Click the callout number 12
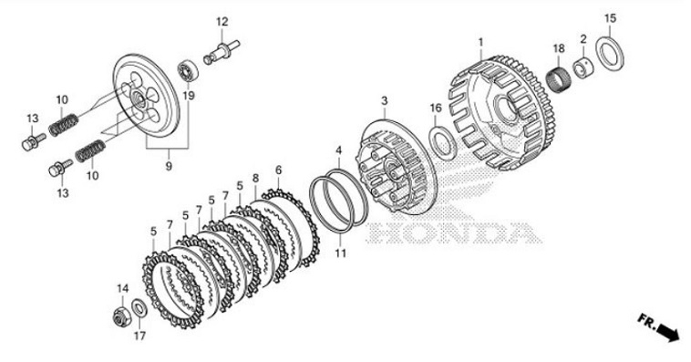point(222,21)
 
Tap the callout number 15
point(610,18)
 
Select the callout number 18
point(559,48)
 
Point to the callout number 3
point(385,101)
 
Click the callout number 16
point(436,108)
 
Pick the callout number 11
point(340,253)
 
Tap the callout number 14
point(122,289)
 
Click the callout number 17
point(139,336)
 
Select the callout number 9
point(169,166)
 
